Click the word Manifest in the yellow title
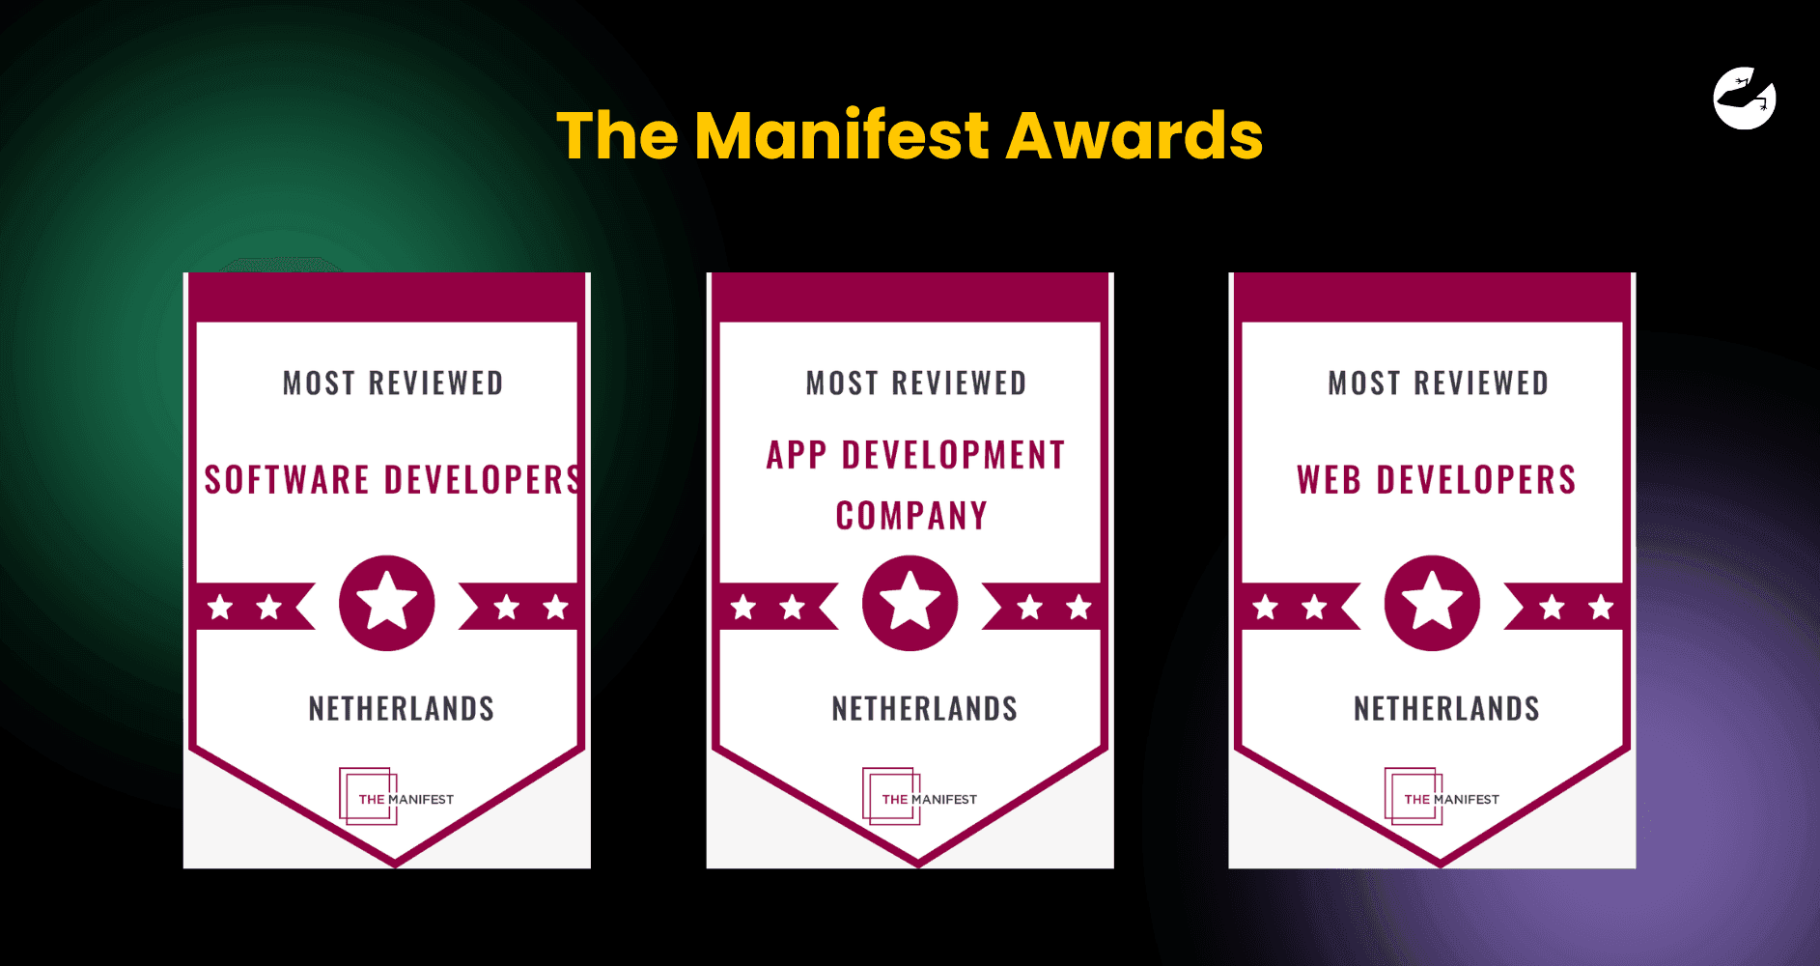click(842, 134)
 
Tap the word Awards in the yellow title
click(1134, 135)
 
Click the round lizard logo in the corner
click(1745, 98)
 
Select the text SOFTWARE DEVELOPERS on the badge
click(393, 479)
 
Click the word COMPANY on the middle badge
click(911, 516)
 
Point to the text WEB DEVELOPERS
click(1436, 479)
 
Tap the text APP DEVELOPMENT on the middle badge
click(915, 455)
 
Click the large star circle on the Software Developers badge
click(386, 603)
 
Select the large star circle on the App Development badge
click(910, 603)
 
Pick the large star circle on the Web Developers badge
click(1432, 603)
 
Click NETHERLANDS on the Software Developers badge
click(401, 708)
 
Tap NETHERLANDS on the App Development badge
click(924, 708)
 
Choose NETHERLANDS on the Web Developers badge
click(1446, 708)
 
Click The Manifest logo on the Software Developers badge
click(396, 797)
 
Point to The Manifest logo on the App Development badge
click(919, 797)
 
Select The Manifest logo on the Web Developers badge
click(1442, 797)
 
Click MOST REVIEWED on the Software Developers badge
click(393, 384)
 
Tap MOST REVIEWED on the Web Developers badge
click(1438, 384)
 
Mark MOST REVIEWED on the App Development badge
click(916, 384)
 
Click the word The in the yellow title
click(617, 134)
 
